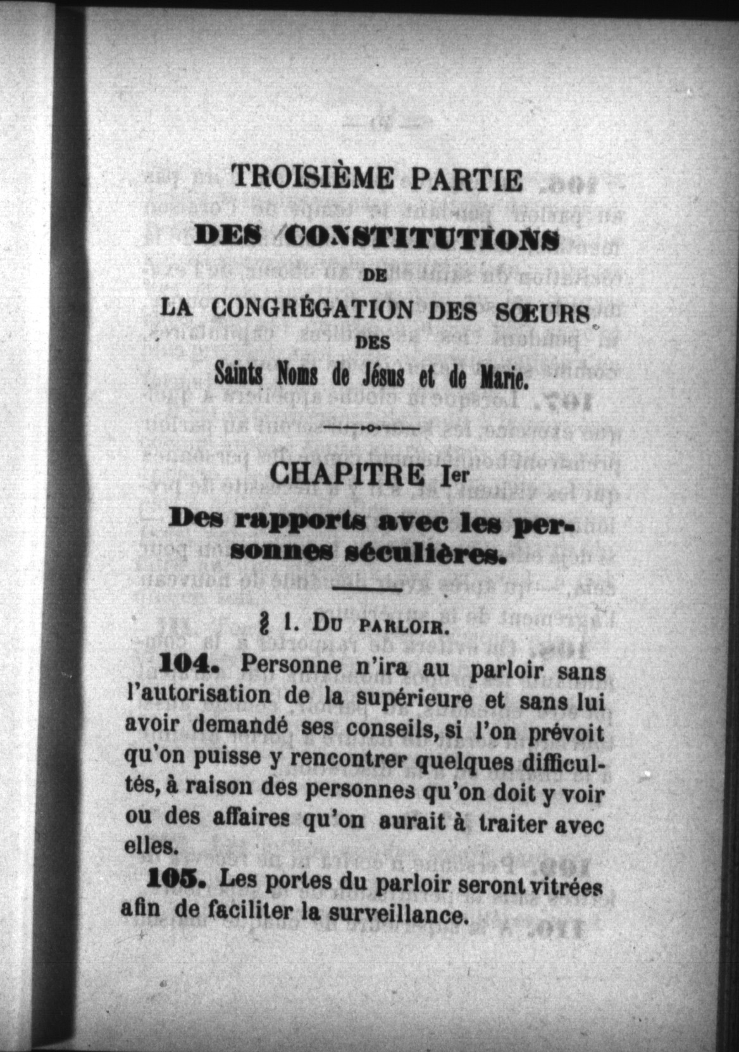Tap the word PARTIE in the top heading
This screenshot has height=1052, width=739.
click(468, 180)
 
